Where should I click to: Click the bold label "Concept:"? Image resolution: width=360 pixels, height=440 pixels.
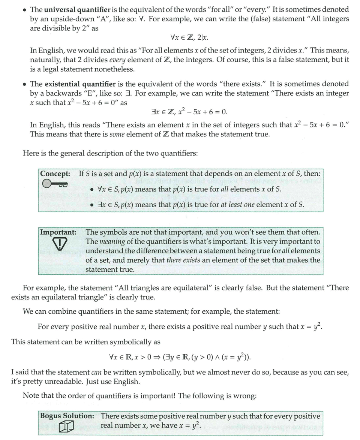55,174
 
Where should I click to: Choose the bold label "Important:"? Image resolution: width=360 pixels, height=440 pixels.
58,232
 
